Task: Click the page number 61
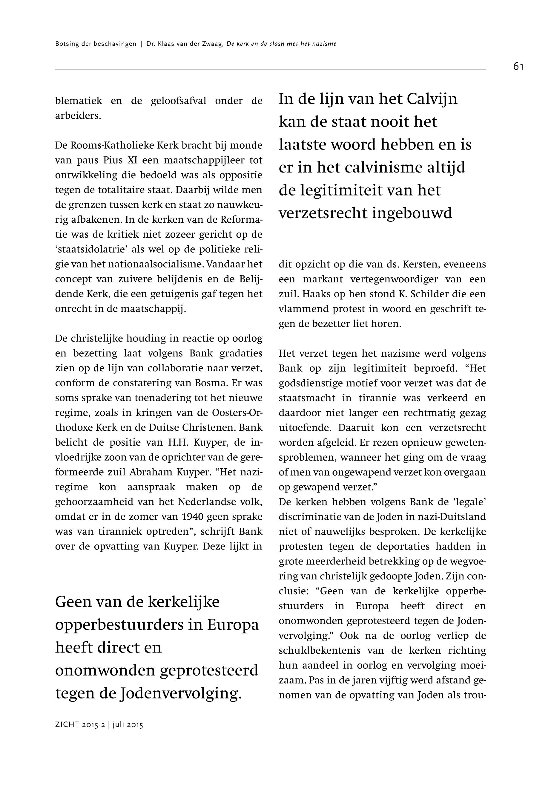(518, 67)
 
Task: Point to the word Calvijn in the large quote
(432, 99)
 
